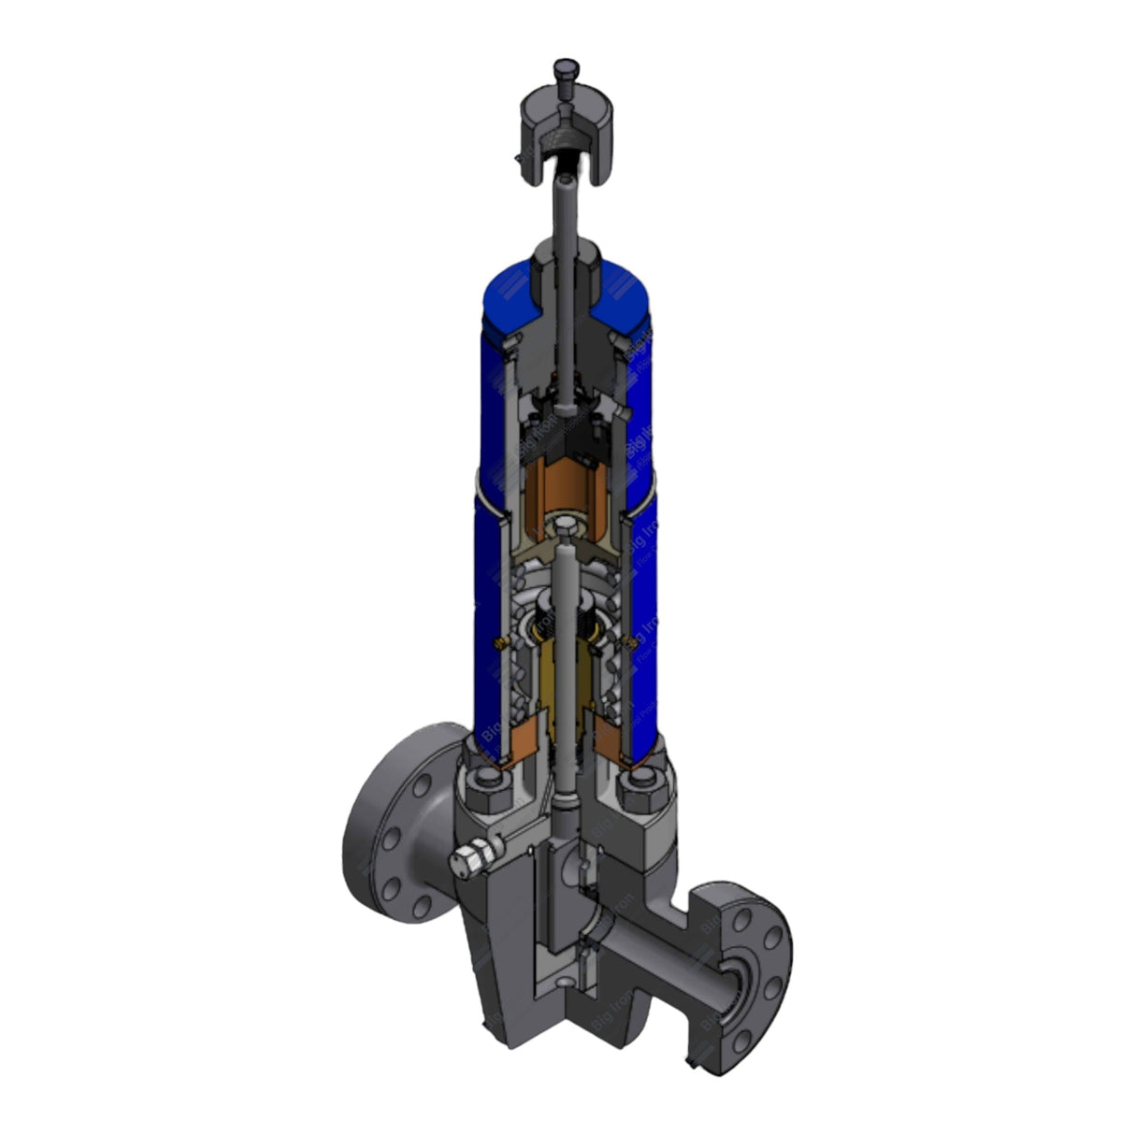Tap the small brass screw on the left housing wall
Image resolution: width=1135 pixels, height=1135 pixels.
(x=499, y=642)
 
